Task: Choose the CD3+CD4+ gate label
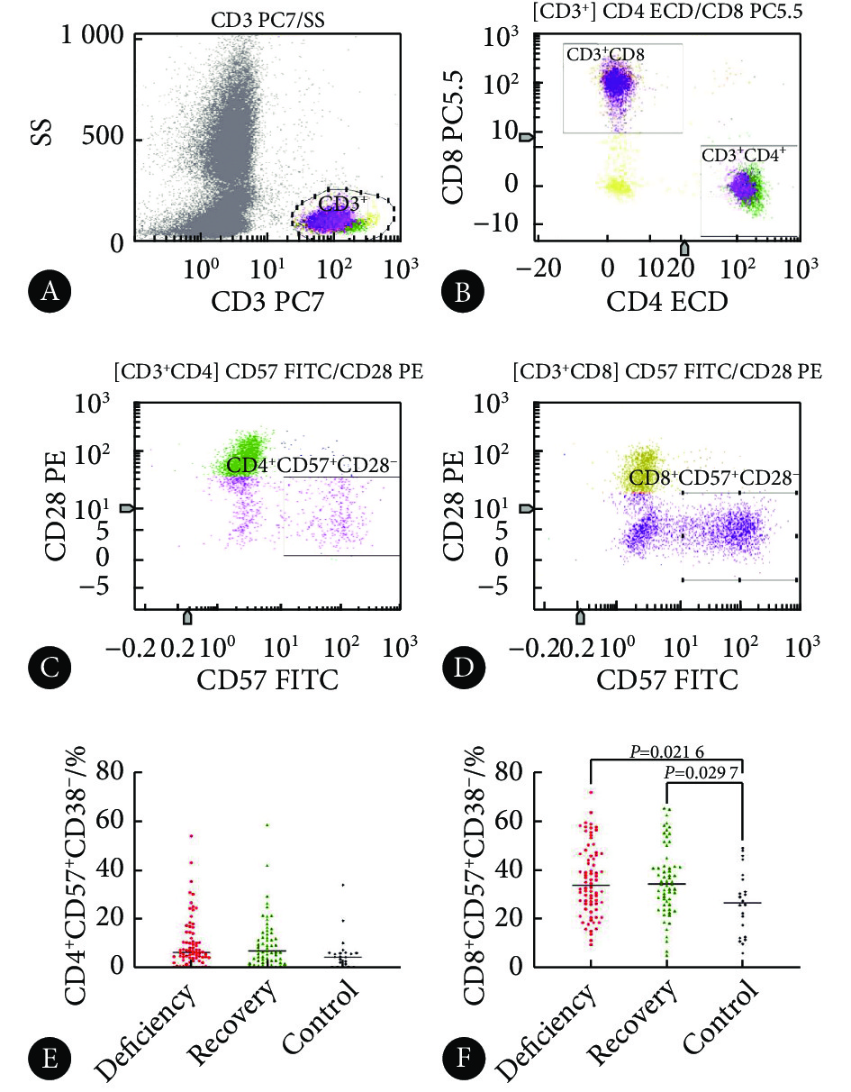744,154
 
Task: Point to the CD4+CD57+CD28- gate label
312,465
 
